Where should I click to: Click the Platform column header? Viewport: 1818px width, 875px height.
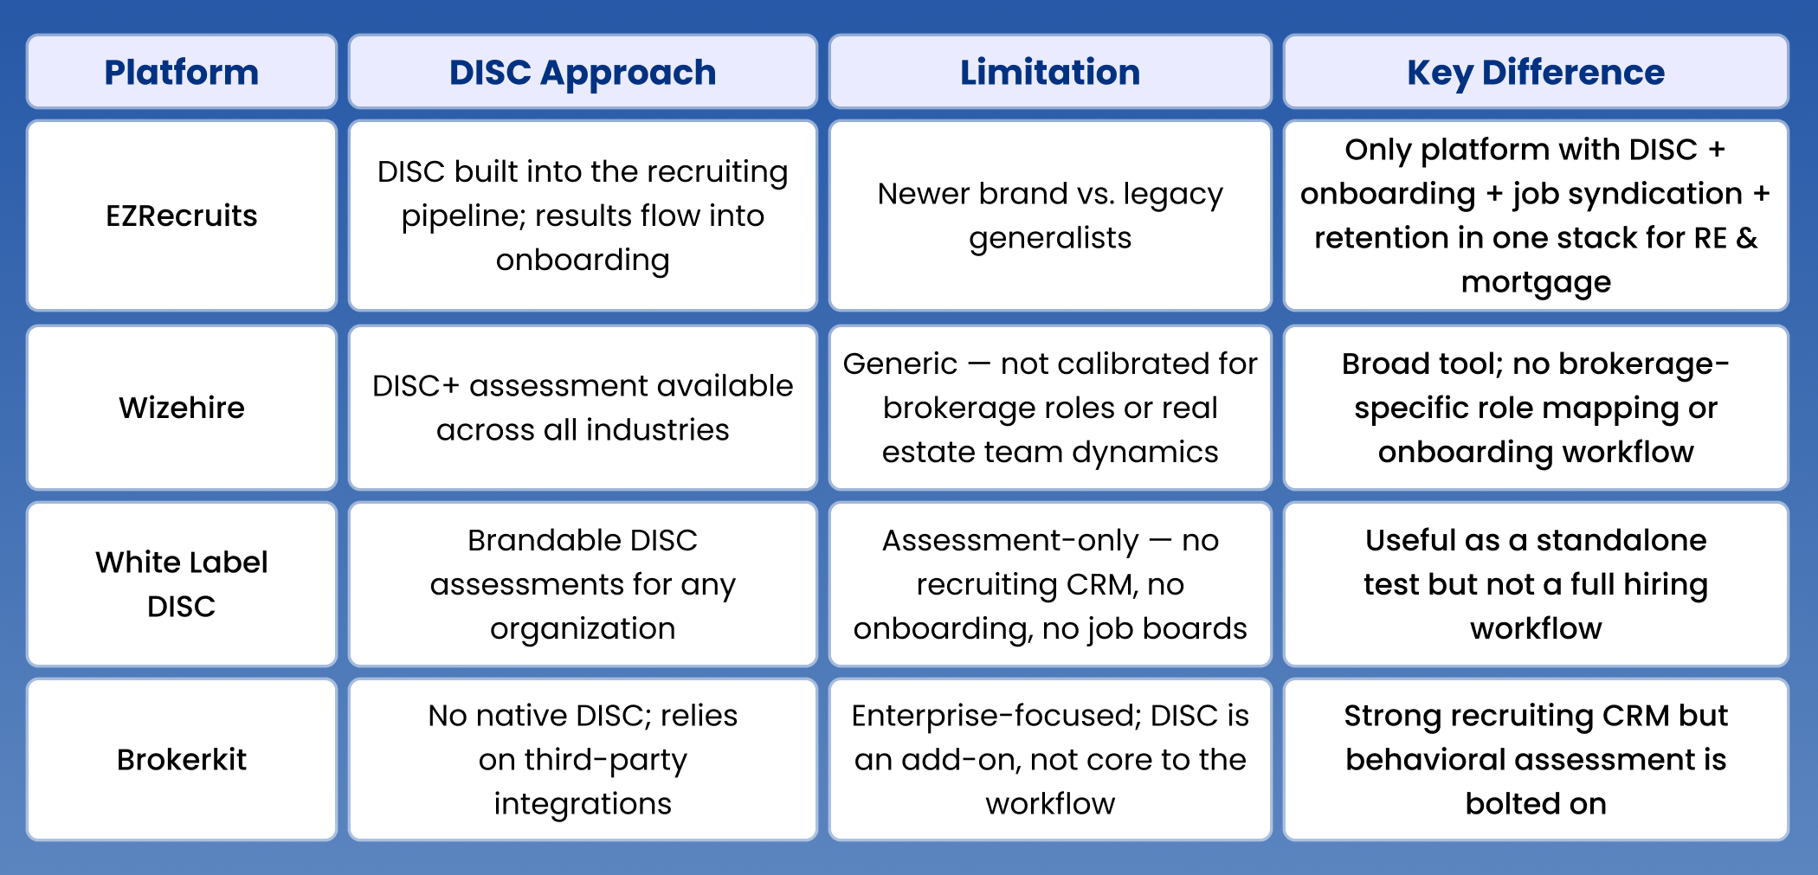182,73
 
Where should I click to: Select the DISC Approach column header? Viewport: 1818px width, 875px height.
583,73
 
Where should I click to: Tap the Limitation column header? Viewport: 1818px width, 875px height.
1050,73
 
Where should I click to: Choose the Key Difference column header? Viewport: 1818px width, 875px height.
1536,73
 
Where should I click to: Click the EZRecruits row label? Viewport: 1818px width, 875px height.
182,216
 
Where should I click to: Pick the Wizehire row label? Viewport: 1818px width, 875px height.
182,408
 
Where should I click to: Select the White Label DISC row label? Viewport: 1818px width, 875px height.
182,584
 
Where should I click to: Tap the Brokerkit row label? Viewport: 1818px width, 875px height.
182,760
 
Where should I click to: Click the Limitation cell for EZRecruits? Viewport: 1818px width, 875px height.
1050,216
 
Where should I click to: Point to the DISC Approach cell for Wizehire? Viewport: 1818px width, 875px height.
583,408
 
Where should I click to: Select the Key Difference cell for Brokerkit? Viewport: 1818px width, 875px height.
1536,760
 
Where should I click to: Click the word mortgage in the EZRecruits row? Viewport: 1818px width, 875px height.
1536,282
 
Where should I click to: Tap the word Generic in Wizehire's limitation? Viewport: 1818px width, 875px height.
900,364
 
